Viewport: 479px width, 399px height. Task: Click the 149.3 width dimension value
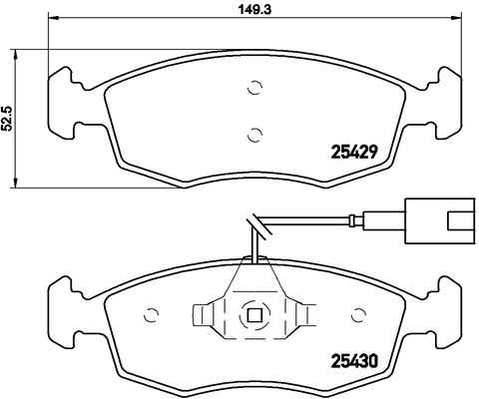255,9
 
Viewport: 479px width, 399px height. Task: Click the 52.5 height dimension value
7,119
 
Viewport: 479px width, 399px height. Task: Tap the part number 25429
354,153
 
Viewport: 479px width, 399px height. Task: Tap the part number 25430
354,361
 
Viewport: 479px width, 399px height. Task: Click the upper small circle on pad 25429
255,88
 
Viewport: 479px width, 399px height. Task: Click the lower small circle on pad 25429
255,135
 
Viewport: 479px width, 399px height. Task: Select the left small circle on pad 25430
151,314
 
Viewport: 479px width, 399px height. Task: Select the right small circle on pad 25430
358,314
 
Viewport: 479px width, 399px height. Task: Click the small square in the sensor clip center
254,314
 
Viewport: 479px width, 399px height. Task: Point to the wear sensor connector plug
439,220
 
